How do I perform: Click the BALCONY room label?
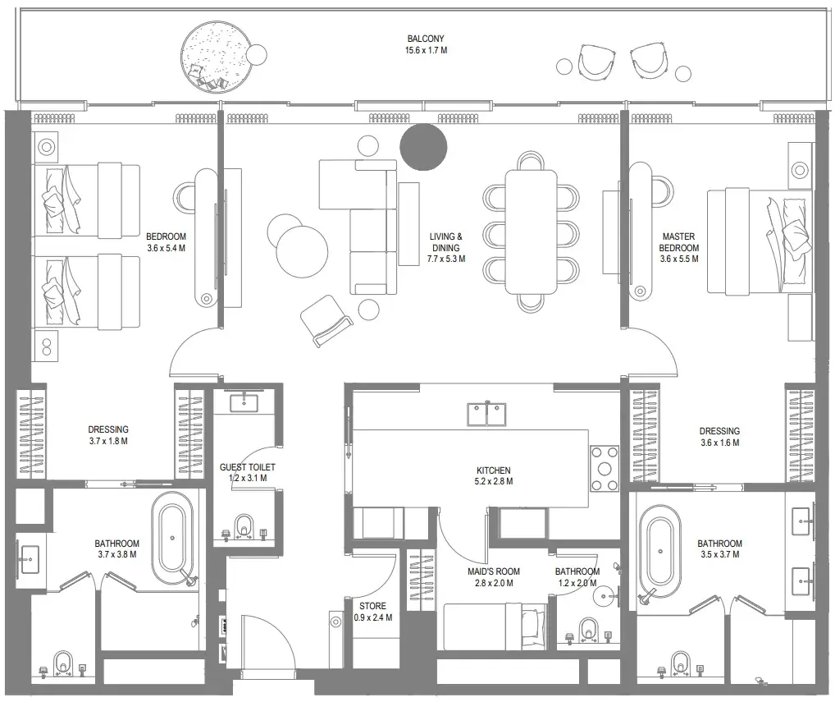pos(426,39)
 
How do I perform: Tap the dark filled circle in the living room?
pos(423,147)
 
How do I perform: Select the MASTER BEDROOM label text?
pos(678,242)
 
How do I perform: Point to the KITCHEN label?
pos(493,470)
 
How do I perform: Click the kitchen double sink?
pos(486,414)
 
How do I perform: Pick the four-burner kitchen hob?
pos(605,469)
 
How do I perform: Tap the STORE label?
pos(372,606)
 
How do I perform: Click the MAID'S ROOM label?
pos(494,571)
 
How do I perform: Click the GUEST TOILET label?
pos(248,467)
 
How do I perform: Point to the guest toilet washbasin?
pos(244,401)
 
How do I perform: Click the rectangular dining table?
pos(531,232)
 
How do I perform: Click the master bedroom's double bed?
pos(760,241)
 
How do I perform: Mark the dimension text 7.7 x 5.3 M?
pos(446,259)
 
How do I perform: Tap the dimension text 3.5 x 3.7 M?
pos(719,554)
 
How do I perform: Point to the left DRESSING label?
pos(108,429)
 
